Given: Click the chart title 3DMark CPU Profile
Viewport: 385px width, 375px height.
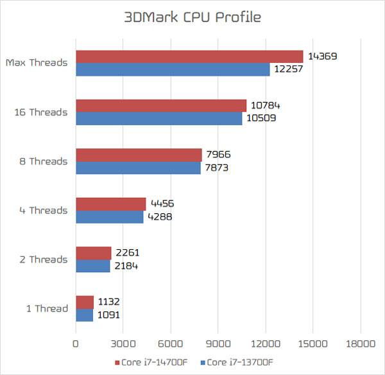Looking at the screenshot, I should click(x=193, y=17).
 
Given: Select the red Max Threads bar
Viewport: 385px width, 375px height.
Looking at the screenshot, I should click(x=189, y=57).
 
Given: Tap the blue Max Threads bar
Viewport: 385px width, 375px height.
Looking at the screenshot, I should click(x=173, y=69).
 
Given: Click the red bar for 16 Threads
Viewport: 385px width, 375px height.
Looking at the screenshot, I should click(x=161, y=106).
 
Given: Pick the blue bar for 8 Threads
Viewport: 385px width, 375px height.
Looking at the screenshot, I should click(x=138, y=168).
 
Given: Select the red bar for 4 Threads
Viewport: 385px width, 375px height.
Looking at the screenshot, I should click(x=110, y=204).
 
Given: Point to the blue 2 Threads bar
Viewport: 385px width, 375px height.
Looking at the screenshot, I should click(x=92, y=266).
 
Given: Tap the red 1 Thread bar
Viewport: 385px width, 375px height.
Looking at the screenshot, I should click(x=85, y=302).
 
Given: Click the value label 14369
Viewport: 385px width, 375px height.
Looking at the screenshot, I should click(x=323, y=57).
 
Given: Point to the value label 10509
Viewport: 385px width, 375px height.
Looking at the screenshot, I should click(x=262, y=118).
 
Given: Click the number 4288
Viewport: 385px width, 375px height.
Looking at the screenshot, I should click(x=160, y=216).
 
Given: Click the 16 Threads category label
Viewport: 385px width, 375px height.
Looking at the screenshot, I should click(x=41, y=112).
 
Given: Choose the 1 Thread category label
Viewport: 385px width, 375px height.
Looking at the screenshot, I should click(x=47, y=309).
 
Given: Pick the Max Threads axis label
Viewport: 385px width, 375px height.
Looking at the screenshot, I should click(x=37, y=63).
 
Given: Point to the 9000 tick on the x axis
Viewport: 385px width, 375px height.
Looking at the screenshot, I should click(x=218, y=344).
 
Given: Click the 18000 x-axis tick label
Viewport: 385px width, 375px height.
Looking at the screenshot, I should click(x=359, y=344).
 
